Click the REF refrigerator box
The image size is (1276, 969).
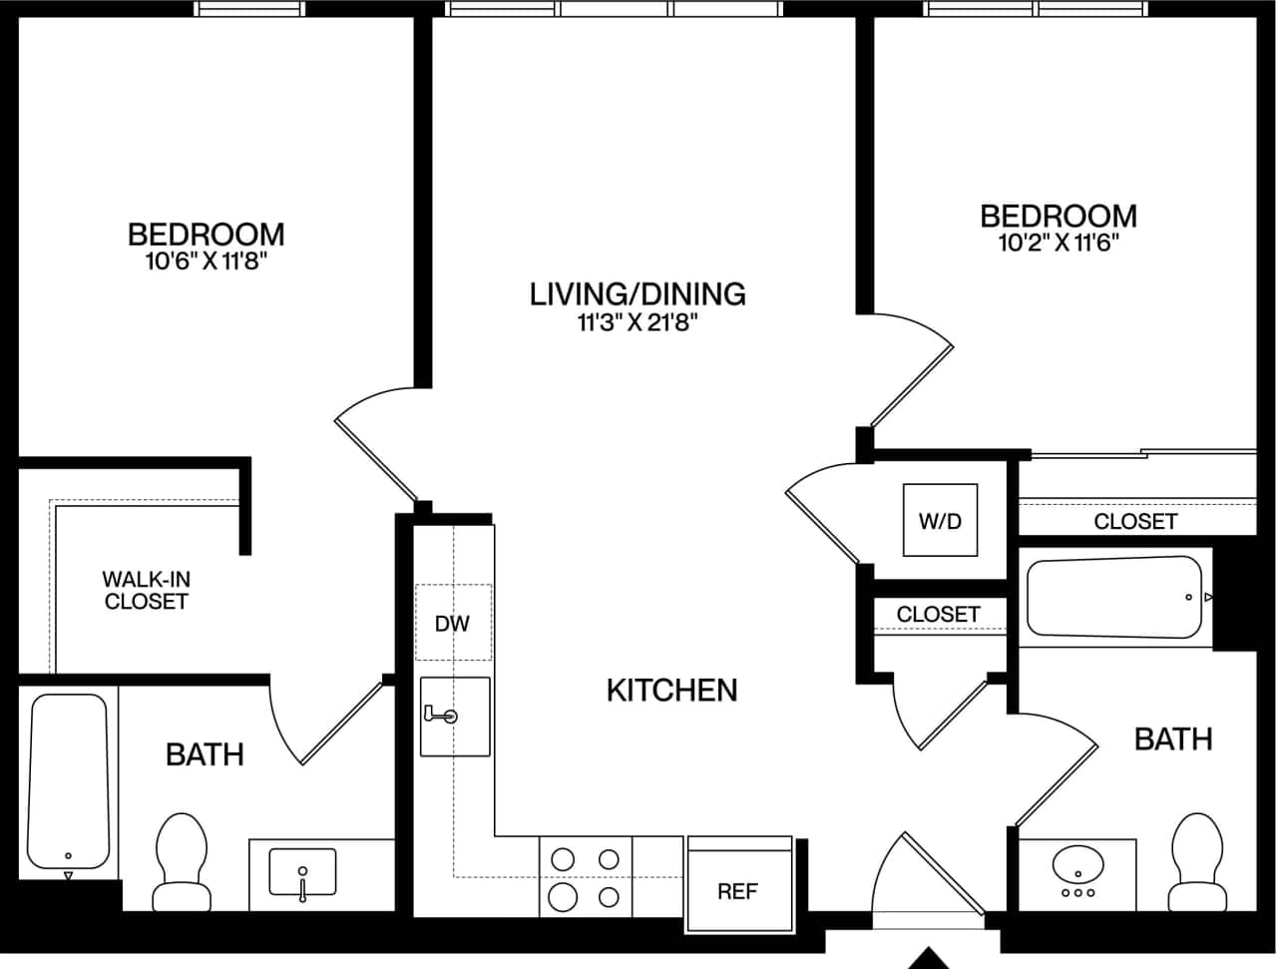(739, 878)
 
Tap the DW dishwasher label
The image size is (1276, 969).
(452, 624)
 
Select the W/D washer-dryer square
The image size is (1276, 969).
(940, 520)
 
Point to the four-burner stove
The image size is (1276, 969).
(586, 877)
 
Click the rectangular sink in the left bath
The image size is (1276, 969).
(302, 872)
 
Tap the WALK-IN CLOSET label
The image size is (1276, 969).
(146, 590)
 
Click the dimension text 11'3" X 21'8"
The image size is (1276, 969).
(638, 322)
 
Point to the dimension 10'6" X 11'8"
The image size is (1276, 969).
(207, 262)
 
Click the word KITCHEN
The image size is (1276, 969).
(671, 690)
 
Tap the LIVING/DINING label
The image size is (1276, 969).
(638, 293)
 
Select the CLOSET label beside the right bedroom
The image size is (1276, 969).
(1135, 521)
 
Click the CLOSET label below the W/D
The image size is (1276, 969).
(938, 614)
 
